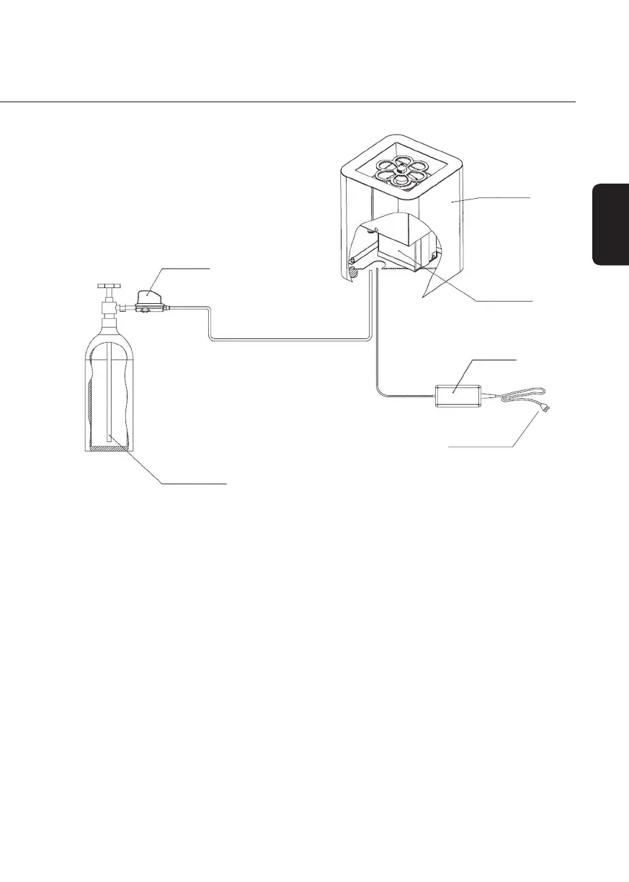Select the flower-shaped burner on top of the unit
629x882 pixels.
point(401,171)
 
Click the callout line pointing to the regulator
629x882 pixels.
point(184,268)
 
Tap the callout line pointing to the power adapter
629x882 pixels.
point(490,358)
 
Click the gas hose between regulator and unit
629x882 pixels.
point(288,340)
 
